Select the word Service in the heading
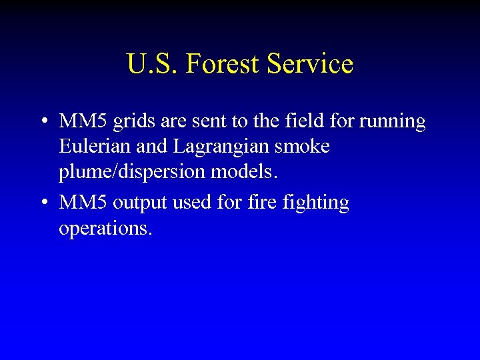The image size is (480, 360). pyautogui.click(x=309, y=64)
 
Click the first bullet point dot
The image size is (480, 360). pyautogui.click(x=43, y=122)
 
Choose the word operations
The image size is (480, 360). pyautogui.click(x=105, y=229)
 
